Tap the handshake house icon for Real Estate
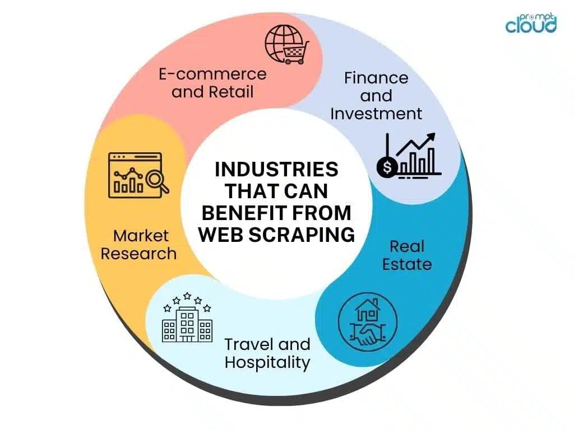(x=367, y=321)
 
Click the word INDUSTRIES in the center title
(x=277, y=169)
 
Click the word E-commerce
(x=212, y=74)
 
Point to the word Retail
(x=231, y=91)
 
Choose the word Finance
(x=376, y=77)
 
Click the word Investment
(x=376, y=113)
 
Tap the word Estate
(x=407, y=264)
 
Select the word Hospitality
(x=267, y=362)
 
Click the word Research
(x=138, y=253)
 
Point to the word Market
(x=141, y=235)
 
